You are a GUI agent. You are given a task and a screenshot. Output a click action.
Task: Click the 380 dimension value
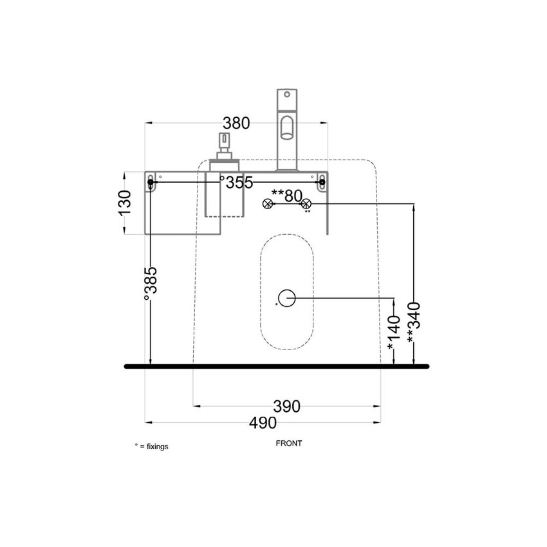tap(236, 122)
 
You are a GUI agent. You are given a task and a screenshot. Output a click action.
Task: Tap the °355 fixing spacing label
tap(236, 182)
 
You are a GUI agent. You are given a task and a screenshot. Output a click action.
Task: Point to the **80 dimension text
tap(286, 195)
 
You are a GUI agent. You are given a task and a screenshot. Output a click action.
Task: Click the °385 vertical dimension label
tap(150, 284)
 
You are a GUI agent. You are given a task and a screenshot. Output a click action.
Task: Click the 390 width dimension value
tap(287, 406)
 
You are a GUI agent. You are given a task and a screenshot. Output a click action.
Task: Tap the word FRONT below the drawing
tap(289, 443)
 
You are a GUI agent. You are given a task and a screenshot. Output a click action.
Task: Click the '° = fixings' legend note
tap(151, 446)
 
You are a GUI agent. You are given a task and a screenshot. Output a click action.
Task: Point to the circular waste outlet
tap(287, 298)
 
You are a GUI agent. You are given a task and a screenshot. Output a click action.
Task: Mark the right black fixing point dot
tap(322, 183)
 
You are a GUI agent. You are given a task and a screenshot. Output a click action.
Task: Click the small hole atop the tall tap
tap(288, 93)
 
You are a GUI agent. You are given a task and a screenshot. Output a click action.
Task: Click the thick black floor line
tap(277, 367)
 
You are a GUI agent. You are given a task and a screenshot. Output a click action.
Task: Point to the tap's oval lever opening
tap(287, 127)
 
